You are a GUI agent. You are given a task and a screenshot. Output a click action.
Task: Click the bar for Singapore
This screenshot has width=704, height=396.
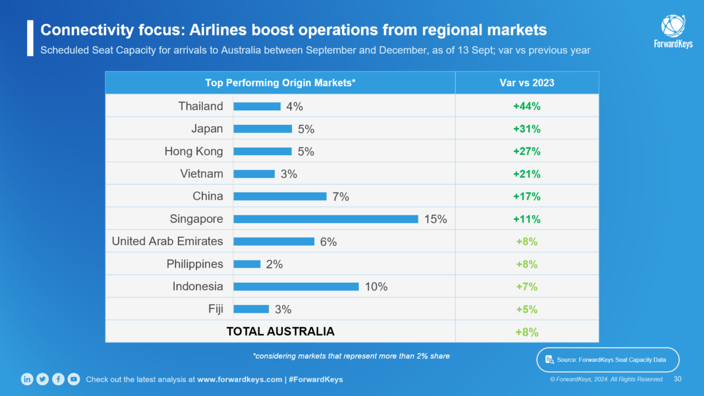(326, 219)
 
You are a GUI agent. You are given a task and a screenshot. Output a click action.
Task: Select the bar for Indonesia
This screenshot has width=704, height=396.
(296, 287)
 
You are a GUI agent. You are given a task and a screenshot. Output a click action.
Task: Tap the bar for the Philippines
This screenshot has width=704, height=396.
(246, 264)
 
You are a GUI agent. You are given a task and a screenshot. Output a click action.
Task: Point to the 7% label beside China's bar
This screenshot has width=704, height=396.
(341, 197)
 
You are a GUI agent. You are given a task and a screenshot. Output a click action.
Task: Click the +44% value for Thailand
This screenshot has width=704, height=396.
(527, 106)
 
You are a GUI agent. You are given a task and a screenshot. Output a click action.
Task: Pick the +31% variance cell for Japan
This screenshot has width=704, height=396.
(527, 129)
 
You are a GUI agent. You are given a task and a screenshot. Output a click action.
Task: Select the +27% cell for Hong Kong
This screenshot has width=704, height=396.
(527, 151)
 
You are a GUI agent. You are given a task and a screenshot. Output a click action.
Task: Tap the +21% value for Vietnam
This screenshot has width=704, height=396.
(527, 174)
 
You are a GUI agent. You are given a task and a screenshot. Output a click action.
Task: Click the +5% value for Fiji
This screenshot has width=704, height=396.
(527, 309)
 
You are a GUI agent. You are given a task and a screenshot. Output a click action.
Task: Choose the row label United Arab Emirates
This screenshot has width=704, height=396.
(167, 241)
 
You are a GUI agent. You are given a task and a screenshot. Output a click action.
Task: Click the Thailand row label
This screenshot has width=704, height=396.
(201, 106)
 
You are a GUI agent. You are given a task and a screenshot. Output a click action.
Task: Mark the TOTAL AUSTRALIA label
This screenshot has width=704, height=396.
(280, 331)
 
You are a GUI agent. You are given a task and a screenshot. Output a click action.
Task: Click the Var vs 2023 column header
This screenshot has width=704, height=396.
(527, 83)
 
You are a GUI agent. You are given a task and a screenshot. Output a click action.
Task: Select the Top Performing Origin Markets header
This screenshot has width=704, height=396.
(280, 83)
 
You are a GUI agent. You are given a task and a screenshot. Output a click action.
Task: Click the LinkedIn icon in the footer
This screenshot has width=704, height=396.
(27, 379)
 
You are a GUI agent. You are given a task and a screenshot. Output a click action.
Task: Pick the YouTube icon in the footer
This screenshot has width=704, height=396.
(73, 379)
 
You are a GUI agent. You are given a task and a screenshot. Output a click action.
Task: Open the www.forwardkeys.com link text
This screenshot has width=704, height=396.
(239, 380)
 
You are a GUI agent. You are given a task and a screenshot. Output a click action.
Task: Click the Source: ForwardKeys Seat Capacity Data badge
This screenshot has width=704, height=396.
(608, 360)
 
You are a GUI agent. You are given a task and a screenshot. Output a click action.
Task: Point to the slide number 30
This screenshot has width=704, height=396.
(677, 379)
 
